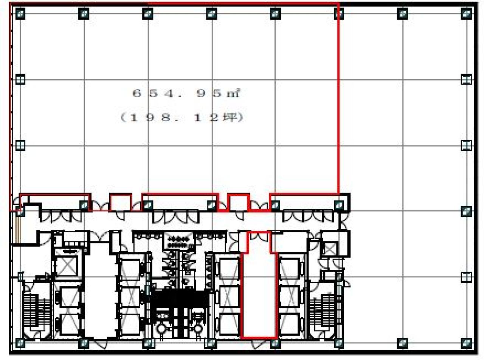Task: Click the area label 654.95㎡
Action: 186,93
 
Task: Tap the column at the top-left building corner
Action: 20,14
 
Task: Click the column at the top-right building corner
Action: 466,14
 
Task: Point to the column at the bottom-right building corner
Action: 466,343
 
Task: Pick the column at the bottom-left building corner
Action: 20,343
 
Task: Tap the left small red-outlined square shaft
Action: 121,202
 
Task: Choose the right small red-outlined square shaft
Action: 239,202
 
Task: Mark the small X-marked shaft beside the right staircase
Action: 330,249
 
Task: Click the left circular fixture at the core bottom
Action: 161,329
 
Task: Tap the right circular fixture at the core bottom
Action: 198,329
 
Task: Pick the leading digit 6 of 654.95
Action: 137,93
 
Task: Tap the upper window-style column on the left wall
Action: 20,79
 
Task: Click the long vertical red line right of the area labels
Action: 338,98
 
